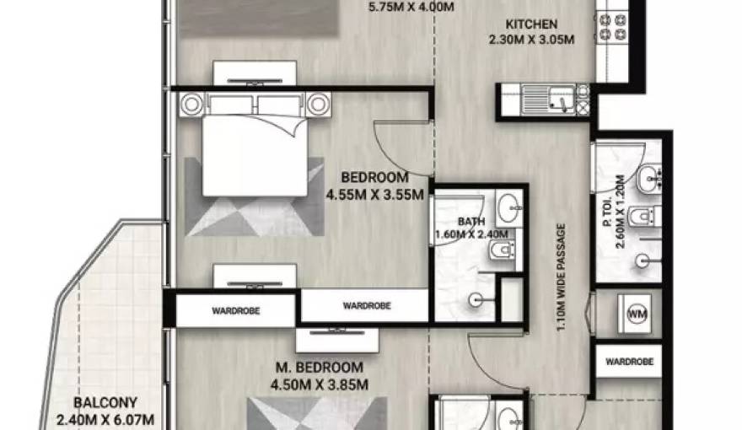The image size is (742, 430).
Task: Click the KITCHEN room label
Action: (x=531, y=24)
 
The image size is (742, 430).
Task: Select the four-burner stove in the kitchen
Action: (x=613, y=27)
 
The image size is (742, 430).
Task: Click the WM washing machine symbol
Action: (x=636, y=314)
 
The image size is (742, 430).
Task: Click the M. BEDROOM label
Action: (x=320, y=368)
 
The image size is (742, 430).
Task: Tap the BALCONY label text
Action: (x=105, y=402)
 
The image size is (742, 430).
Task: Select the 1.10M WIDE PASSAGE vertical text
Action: (x=562, y=277)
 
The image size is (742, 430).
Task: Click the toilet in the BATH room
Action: (x=503, y=250)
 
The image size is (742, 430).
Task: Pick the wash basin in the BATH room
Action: (x=509, y=207)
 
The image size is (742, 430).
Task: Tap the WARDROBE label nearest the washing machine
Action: (x=629, y=362)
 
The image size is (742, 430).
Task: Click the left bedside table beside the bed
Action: (x=191, y=105)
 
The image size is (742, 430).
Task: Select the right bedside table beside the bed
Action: (x=319, y=105)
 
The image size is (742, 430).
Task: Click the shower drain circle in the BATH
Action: (x=475, y=299)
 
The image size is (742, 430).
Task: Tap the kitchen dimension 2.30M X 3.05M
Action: (x=531, y=40)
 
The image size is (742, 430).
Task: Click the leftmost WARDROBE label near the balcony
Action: (x=235, y=311)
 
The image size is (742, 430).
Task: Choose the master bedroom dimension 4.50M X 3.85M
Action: (x=320, y=384)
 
